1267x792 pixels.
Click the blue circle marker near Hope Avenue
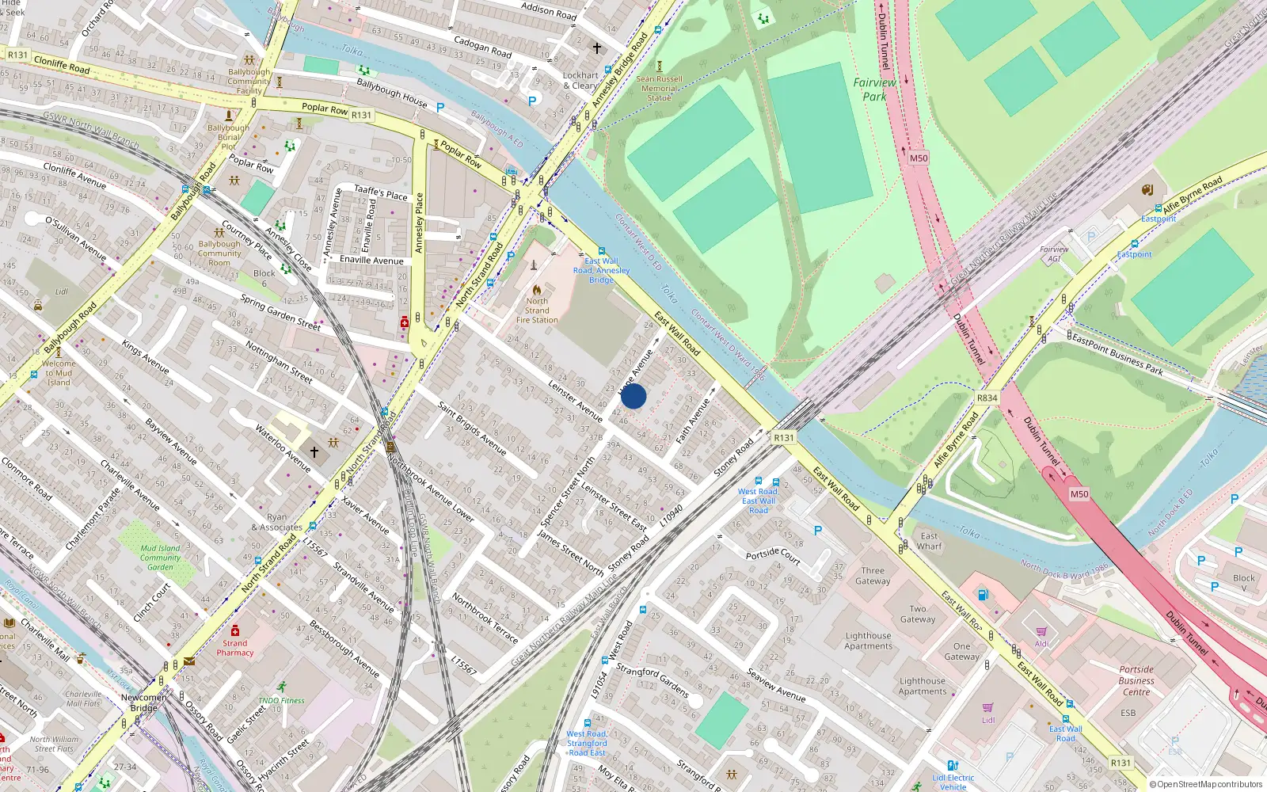coord(633,396)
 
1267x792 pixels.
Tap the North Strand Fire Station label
coord(537,310)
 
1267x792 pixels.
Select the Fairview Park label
coord(874,89)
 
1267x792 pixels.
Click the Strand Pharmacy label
coord(235,648)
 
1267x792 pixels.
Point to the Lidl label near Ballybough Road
coord(62,291)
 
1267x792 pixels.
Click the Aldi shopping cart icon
coord(1041,631)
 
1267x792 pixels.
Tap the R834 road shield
coord(987,398)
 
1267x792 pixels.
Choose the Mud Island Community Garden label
coord(160,558)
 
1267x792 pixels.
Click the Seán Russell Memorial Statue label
coord(659,88)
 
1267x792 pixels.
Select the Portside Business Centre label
coord(1136,680)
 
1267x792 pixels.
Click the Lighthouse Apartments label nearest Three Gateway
coord(868,641)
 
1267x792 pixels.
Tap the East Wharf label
coord(930,541)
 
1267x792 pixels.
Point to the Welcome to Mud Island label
coord(59,373)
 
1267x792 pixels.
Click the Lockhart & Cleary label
coord(580,80)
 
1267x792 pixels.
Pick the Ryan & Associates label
coord(276,522)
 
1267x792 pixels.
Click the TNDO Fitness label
coord(281,700)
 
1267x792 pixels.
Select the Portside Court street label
coord(773,555)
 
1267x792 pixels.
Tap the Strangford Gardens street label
coord(653,680)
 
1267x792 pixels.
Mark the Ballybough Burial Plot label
coord(228,137)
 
